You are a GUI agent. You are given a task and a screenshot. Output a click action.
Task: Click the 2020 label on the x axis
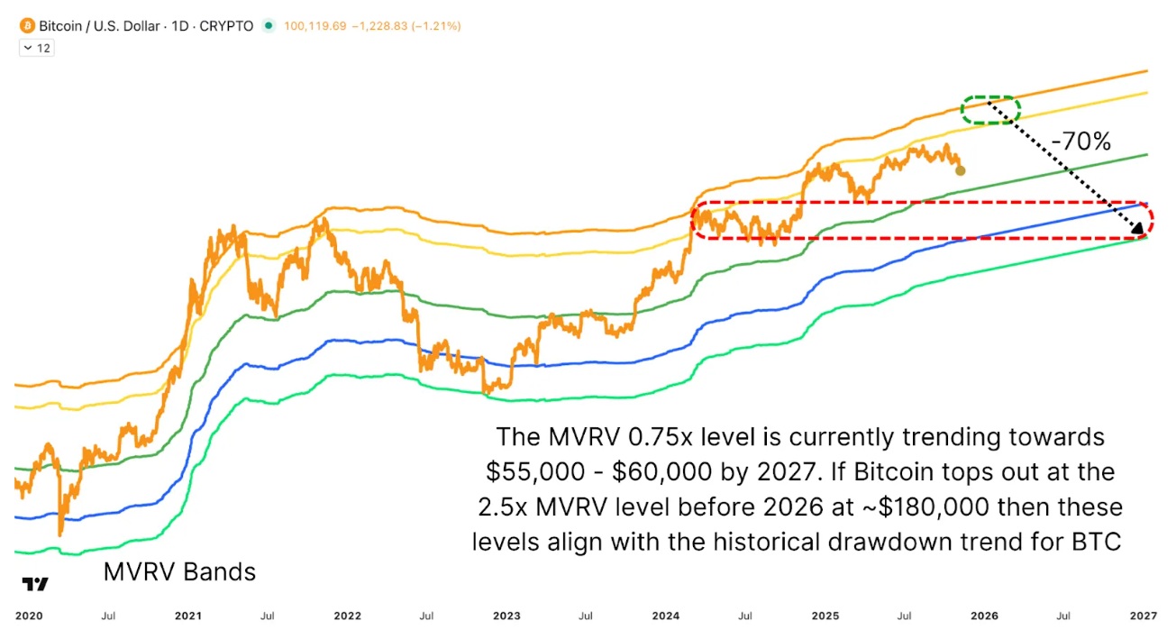[29, 616]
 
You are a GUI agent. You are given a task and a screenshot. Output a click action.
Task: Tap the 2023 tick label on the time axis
[506, 616]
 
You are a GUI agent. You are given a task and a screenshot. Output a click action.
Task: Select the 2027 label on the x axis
[1144, 616]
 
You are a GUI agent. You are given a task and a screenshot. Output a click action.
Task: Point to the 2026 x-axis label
[984, 616]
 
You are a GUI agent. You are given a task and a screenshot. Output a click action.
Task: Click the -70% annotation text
[1080, 141]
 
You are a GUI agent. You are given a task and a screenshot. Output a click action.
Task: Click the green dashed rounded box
[990, 109]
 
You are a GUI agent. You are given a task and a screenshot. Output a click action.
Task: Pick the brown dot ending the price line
[960, 169]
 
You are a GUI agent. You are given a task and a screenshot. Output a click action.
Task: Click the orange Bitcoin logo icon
[27, 26]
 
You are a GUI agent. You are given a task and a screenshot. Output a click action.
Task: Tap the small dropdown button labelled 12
[37, 48]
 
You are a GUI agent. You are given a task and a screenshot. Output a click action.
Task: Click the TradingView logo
[35, 584]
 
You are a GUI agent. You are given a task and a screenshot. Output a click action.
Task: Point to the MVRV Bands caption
[179, 571]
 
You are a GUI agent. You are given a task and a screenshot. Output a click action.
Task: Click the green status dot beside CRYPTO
[268, 26]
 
